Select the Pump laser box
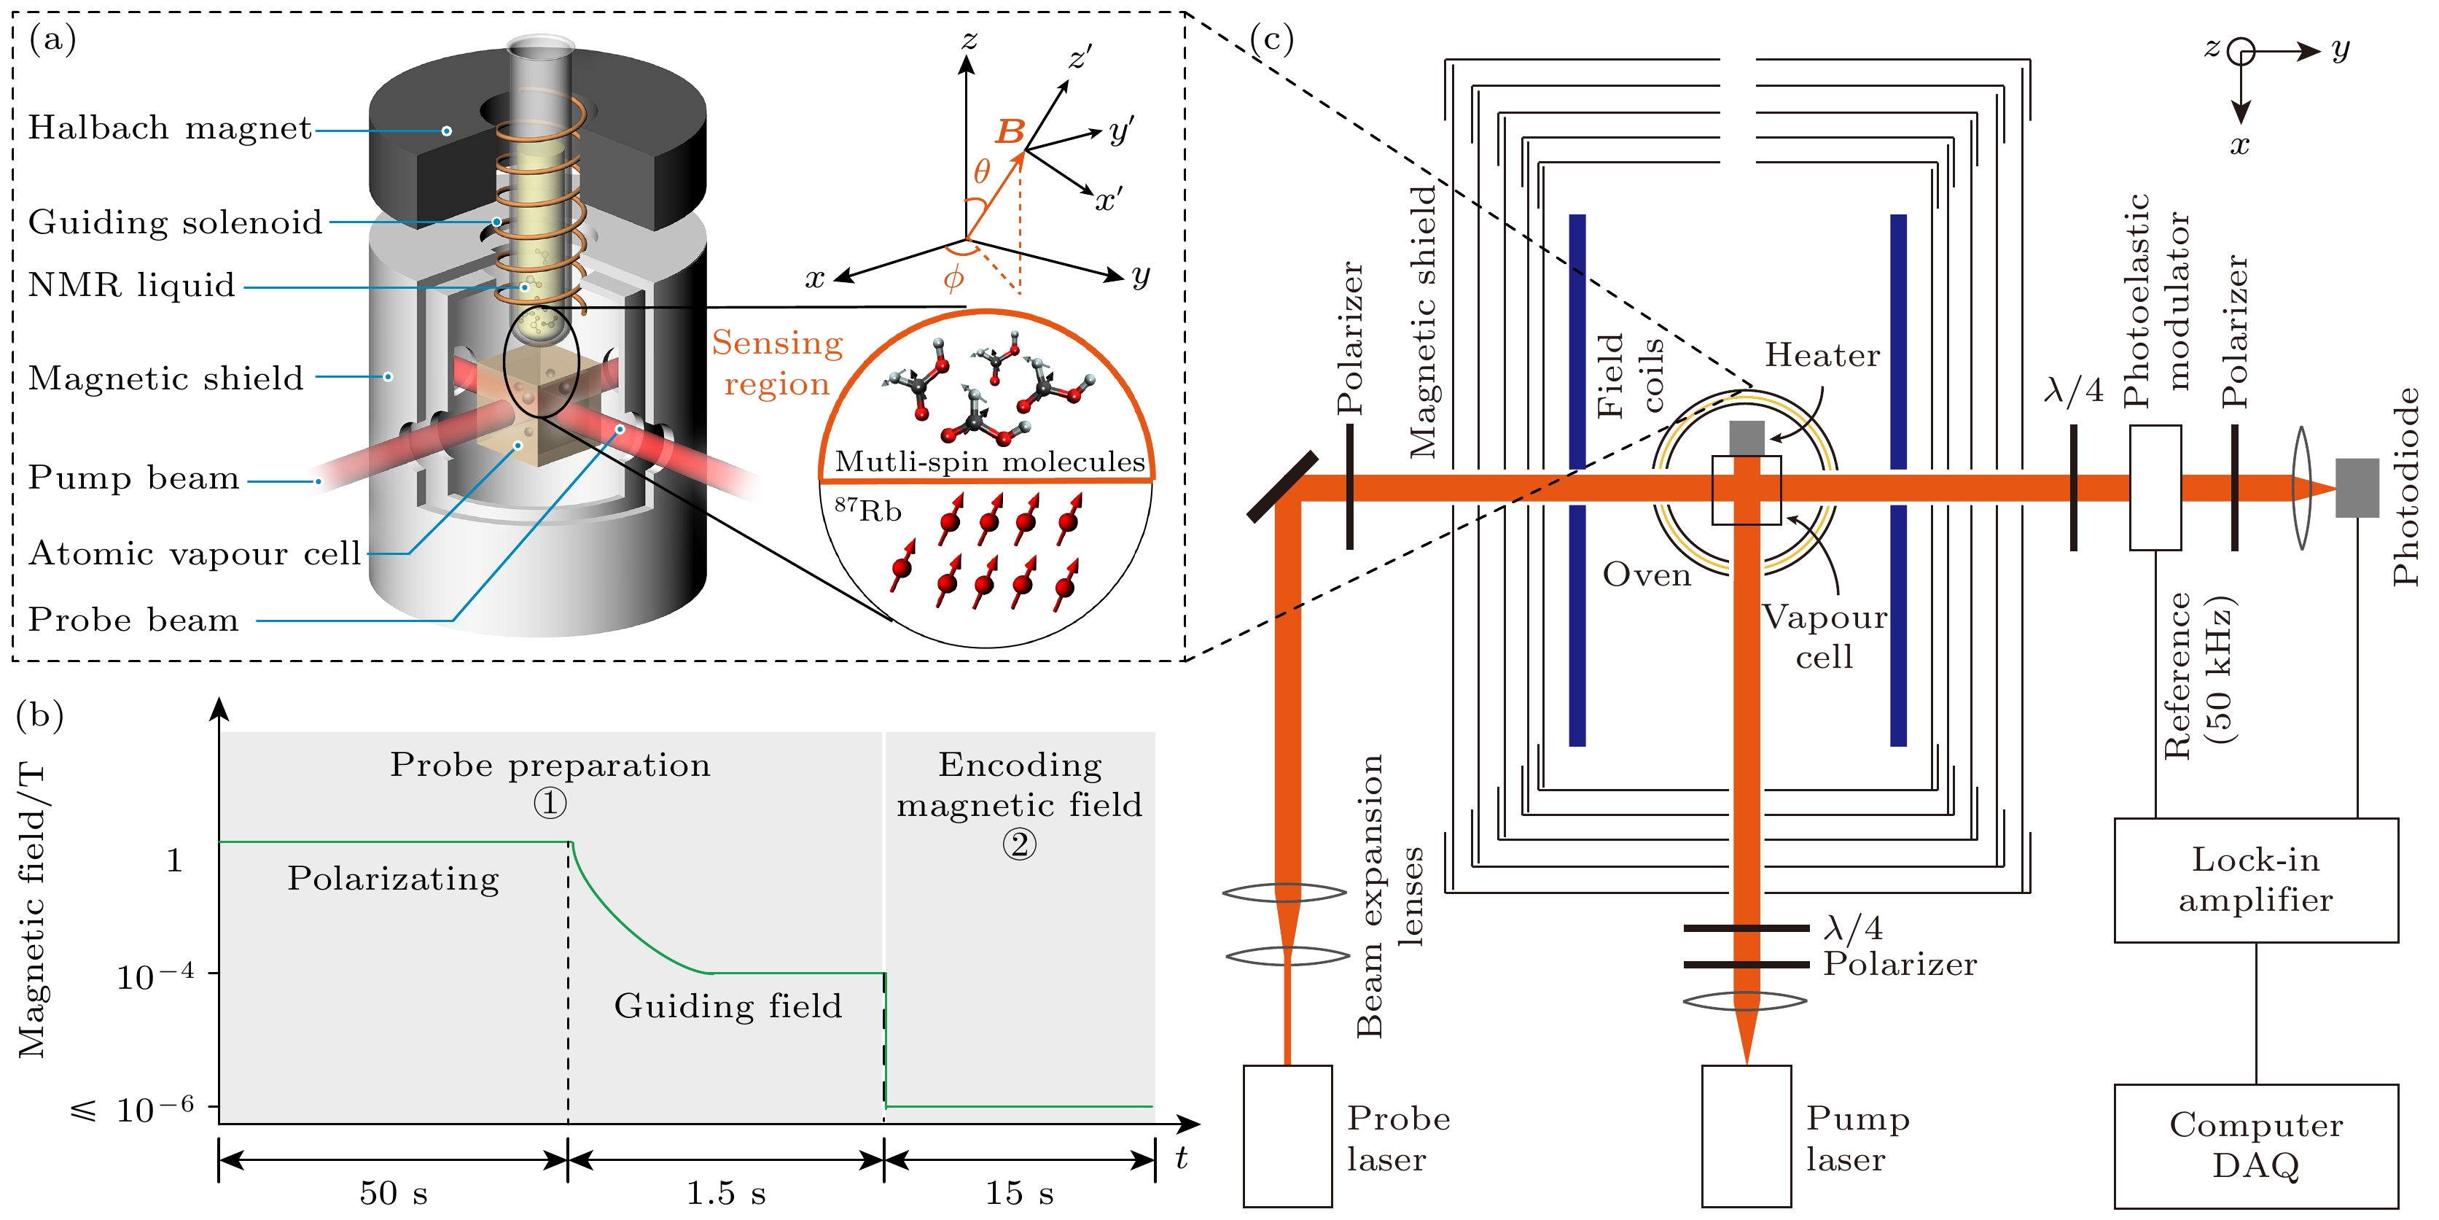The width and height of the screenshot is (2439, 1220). (1745, 1135)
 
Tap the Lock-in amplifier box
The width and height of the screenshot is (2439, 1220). (2255, 880)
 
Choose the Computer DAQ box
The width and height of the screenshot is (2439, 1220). (2255, 1144)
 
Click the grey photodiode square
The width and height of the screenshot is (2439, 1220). (2357, 488)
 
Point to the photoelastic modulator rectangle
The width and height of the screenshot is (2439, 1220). (2155, 488)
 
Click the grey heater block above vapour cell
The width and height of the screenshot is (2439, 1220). (1747, 438)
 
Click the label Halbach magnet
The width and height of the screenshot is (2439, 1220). (170, 128)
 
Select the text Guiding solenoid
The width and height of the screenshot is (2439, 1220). (175, 222)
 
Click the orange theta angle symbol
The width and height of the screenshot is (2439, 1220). (982, 171)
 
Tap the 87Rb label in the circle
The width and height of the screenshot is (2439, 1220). (867, 510)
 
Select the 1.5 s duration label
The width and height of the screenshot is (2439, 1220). (725, 1192)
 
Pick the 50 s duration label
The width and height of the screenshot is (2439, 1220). (393, 1192)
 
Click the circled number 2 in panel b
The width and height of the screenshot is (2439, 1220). (1019, 844)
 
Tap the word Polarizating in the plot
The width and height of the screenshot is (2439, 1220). (393, 879)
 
